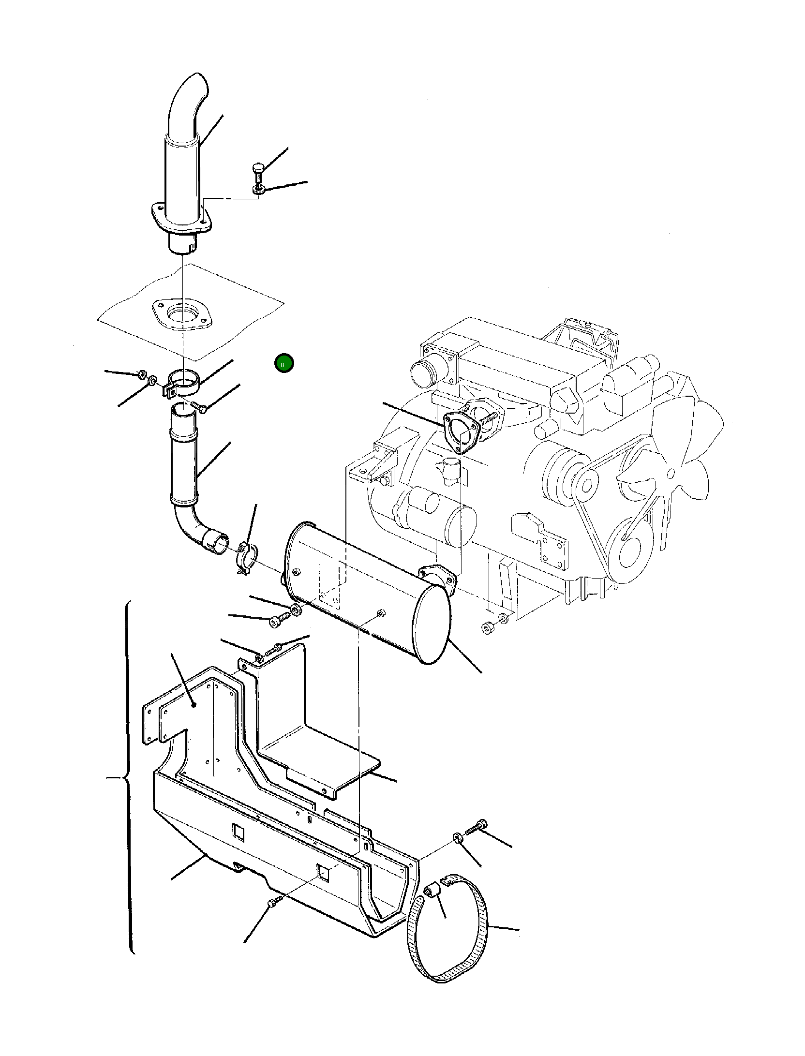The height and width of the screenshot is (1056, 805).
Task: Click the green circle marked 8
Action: tap(283, 364)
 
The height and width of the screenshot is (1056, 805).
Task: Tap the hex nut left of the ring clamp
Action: tap(141, 374)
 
